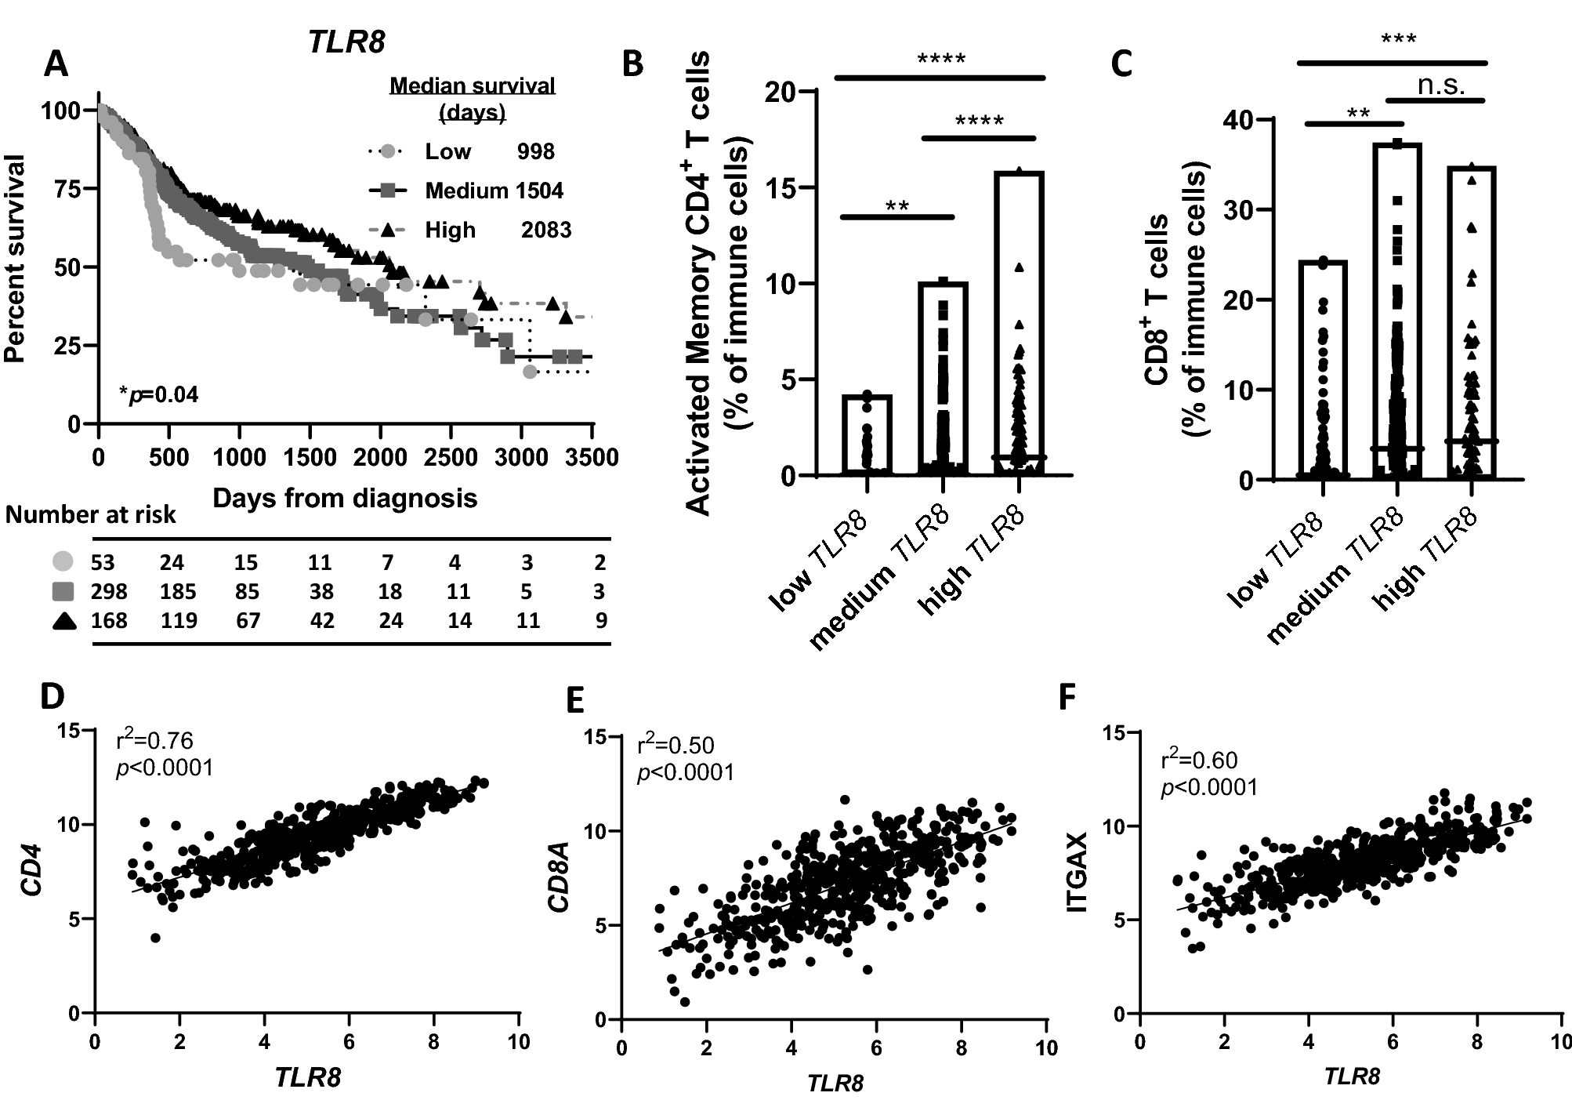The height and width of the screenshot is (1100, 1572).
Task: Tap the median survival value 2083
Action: click(x=546, y=231)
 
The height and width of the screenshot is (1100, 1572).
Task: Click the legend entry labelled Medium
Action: click(x=466, y=191)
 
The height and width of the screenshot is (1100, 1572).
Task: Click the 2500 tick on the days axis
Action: click(x=453, y=457)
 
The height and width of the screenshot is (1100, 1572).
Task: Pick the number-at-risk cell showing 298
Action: click(x=109, y=592)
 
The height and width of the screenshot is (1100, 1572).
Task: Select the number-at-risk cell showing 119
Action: click(x=179, y=621)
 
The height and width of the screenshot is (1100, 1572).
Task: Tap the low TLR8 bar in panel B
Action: click(x=867, y=435)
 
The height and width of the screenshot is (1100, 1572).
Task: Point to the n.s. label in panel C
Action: click(x=1440, y=85)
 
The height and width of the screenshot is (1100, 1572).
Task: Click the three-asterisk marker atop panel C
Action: click(x=1398, y=39)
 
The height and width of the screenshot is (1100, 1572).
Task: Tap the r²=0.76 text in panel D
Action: click(x=154, y=741)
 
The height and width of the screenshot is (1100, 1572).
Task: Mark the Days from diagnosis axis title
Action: click(x=345, y=498)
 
